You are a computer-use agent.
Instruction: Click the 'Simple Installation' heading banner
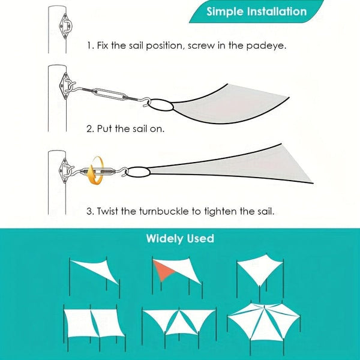click(x=256, y=11)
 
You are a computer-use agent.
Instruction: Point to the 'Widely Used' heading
click(x=180, y=239)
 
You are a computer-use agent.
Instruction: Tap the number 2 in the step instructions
click(x=89, y=128)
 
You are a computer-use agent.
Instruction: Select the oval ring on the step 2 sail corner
click(x=159, y=107)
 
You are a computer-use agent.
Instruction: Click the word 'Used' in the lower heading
click(x=200, y=239)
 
